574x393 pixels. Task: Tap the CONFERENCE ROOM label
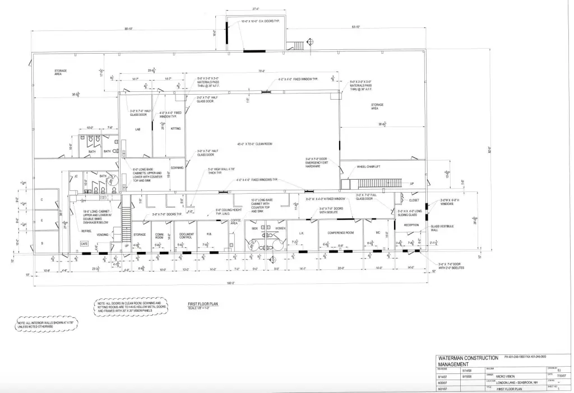click(340, 232)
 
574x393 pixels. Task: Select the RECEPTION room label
click(412, 225)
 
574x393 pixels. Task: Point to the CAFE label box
click(84, 244)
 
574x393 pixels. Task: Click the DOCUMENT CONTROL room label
click(187, 236)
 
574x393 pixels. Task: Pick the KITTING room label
click(175, 128)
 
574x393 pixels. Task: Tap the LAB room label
click(137, 129)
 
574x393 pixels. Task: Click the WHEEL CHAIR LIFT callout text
click(369, 166)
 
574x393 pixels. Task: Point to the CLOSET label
click(414, 199)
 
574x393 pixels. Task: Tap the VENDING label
click(103, 235)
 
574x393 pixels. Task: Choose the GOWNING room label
click(177, 167)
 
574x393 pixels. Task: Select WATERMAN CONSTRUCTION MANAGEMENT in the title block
click(467, 361)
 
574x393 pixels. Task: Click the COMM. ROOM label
click(159, 236)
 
